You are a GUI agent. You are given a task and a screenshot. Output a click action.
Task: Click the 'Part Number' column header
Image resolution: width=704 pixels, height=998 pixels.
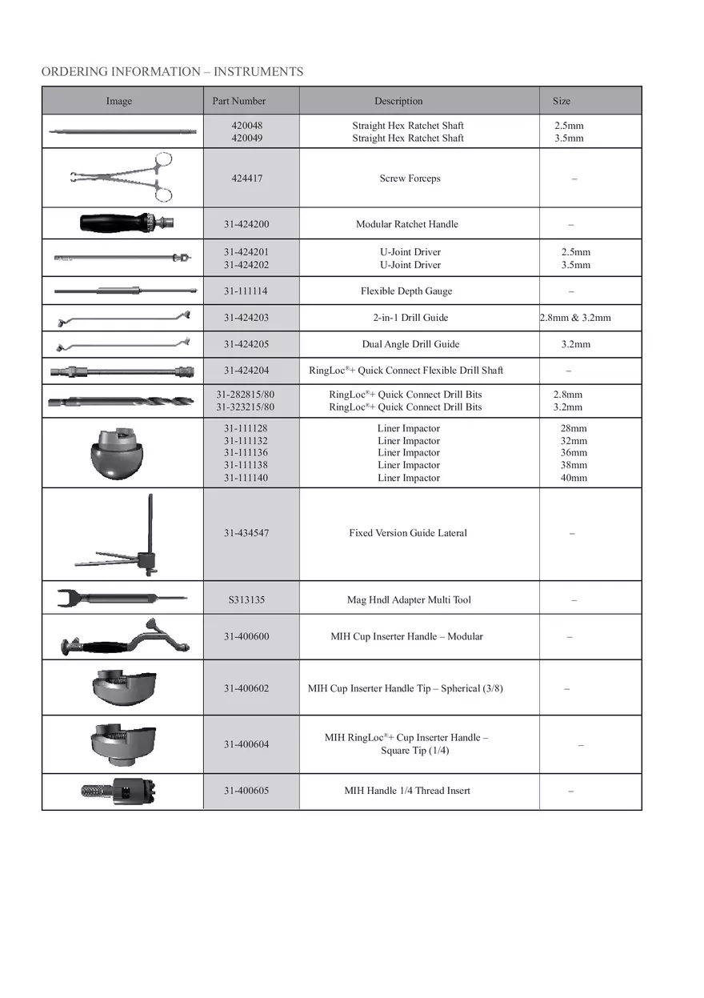238,101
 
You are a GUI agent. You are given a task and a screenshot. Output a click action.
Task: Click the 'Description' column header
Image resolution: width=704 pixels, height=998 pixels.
398,101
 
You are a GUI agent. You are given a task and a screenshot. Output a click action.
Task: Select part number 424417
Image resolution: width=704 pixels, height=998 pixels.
246,178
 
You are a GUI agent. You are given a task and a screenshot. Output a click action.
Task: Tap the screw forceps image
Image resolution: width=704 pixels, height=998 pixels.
124,177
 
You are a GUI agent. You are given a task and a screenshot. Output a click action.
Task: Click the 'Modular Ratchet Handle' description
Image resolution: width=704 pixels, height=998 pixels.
406,224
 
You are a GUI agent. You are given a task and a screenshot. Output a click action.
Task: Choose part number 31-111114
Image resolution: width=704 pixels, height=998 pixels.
246,291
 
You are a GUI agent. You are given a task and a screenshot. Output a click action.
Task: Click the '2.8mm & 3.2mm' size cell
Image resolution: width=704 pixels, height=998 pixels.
575,318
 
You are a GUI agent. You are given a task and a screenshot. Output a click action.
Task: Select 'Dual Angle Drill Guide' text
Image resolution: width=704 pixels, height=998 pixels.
410,344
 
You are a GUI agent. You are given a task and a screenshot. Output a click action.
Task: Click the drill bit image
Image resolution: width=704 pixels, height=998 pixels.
120,401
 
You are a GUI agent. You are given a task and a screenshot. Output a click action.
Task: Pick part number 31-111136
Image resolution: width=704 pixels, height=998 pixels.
246,453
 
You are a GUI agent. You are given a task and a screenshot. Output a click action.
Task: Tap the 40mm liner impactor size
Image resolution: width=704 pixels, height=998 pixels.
574,478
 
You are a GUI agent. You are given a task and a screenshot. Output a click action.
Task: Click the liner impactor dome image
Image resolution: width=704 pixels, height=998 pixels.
119,454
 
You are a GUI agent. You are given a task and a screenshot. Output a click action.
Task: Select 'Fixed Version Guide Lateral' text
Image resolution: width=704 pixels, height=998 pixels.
407,533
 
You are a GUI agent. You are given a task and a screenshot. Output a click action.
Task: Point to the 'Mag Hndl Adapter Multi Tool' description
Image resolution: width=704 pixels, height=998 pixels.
409,599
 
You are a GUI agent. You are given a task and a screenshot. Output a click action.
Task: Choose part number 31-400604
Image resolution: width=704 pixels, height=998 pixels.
246,744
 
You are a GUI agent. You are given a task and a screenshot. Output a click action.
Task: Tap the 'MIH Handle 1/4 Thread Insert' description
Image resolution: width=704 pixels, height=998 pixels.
406,791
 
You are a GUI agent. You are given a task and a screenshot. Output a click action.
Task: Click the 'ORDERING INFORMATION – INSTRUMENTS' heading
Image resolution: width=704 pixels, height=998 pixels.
172,72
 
